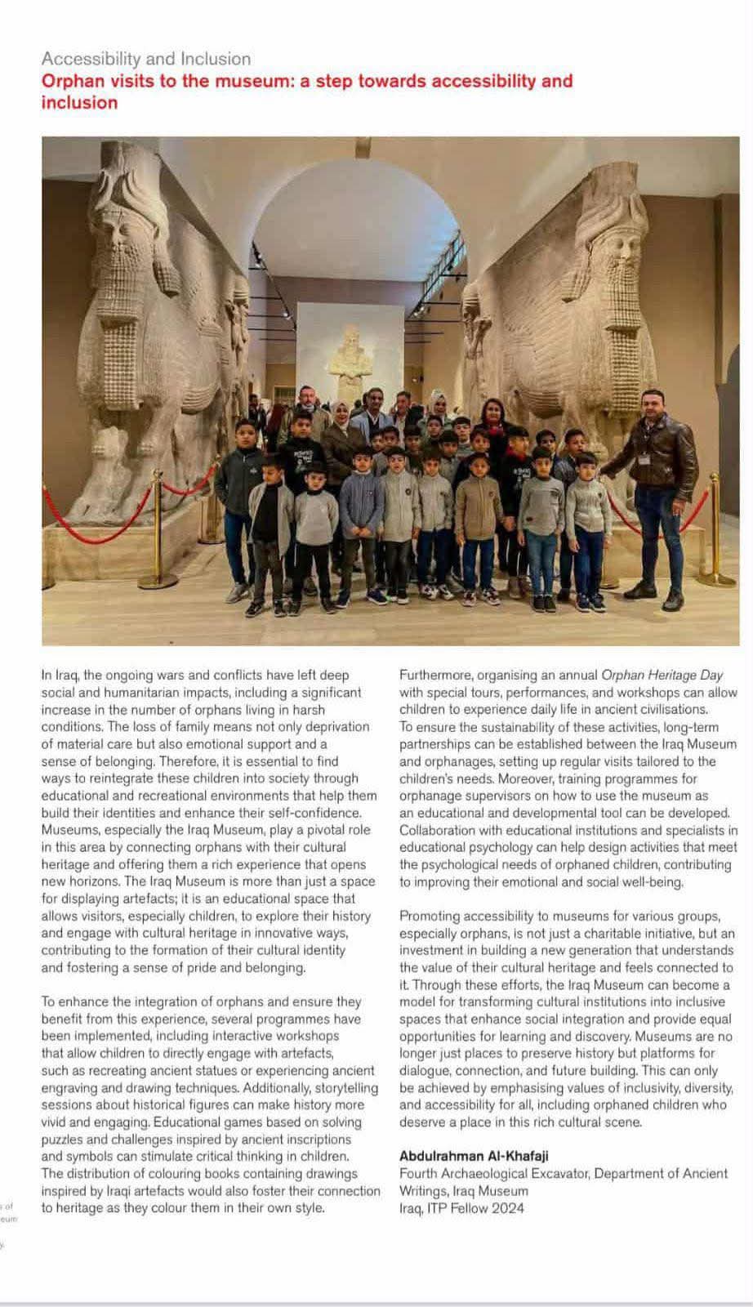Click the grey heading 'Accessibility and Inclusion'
pyautogui.click(x=146, y=59)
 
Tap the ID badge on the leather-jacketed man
pyautogui.click(x=644, y=459)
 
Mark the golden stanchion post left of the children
pyautogui.click(x=158, y=531)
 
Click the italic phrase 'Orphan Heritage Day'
pyautogui.click(x=662, y=676)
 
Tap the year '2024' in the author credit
pyautogui.click(x=507, y=1208)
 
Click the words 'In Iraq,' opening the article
pyautogui.click(x=60, y=676)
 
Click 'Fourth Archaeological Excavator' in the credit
pyautogui.click(x=493, y=1174)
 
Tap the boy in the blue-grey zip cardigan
pyautogui.click(x=361, y=506)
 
